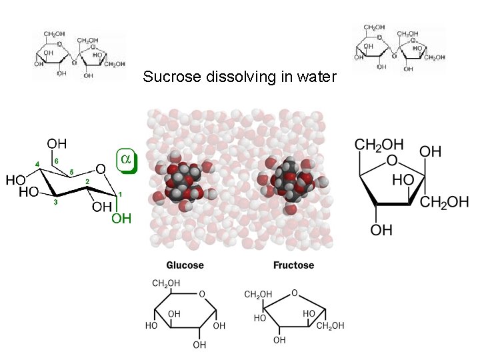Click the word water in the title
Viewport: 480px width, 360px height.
coord(317,77)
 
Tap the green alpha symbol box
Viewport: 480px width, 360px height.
coord(126,159)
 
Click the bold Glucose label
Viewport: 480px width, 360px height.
coord(185,265)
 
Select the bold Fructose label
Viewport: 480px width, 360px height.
coord(293,265)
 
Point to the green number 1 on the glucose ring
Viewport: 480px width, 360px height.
coord(119,194)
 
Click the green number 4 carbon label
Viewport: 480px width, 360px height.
coord(38,165)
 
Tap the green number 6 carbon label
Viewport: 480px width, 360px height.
coord(57,161)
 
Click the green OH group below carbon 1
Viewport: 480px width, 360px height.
coord(121,219)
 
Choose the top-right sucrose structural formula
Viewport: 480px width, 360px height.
coord(398,49)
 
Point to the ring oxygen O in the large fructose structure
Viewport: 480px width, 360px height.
coord(391,161)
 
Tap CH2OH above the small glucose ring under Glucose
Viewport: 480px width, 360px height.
coord(166,284)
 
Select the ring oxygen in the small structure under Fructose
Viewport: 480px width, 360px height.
coord(294,292)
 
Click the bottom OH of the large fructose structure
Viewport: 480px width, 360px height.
coord(381,230)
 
